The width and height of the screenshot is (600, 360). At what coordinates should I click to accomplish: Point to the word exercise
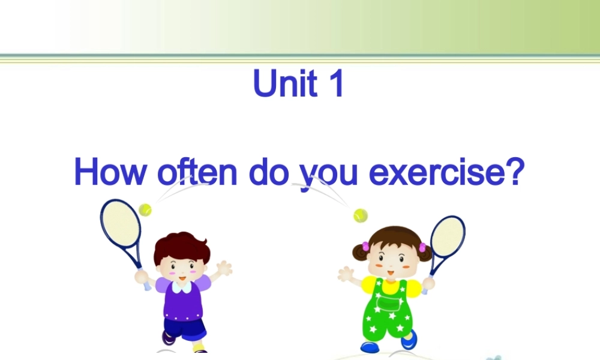coord(437,172)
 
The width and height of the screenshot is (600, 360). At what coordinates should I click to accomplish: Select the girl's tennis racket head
coord(448,236)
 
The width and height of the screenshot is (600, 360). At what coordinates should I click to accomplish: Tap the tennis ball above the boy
coord(145,210)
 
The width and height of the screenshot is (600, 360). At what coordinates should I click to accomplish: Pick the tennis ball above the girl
coord(360,215)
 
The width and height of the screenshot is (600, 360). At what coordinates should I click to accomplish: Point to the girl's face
coord(389,262)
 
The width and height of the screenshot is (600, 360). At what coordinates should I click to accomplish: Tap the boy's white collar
coord(182,287)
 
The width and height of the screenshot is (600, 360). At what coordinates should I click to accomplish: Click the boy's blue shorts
coord(185,329)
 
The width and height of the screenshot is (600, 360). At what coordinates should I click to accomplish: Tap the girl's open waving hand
coord(346,275)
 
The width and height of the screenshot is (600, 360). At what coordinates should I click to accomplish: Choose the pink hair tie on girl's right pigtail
coord(422,247)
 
